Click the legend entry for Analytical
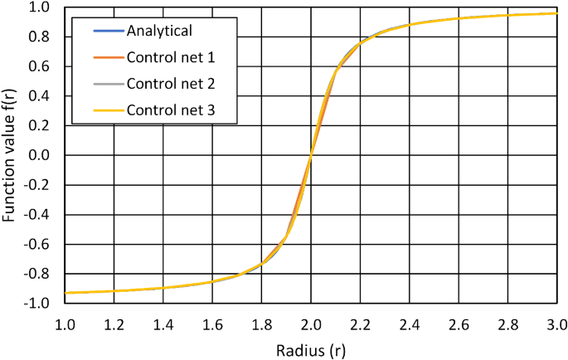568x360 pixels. point(159,32)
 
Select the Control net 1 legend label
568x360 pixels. point(171,58)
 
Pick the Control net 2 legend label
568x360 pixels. point(171,84)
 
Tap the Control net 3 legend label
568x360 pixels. point(171,110)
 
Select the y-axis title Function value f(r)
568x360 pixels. point(12,156)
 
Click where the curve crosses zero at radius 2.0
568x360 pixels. point(310,156)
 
